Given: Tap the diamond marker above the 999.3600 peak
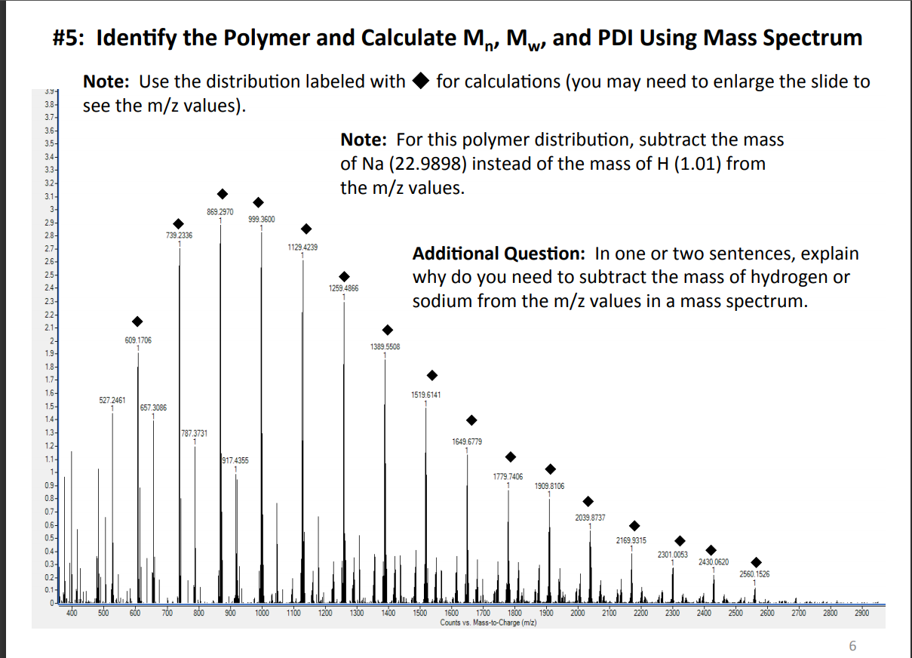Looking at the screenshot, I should point(258,202).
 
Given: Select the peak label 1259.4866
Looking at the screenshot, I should point(343,288).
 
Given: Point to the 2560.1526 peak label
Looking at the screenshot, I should point(754,575).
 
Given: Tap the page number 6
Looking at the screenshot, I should point(852,645).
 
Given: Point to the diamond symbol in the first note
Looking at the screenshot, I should point(422,81).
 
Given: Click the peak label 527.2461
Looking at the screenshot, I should point(112,399).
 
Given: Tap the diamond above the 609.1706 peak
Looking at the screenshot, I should point(137,322).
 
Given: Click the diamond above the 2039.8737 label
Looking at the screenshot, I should point(588,502).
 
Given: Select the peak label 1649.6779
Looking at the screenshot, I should point(467,441).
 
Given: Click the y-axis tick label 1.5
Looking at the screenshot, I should point(49,406).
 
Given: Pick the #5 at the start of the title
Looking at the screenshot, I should point(71,38).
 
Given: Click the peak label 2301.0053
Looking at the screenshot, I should point(672,555).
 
